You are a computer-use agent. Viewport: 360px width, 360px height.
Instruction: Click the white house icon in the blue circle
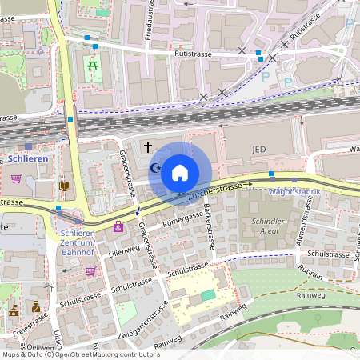tap(180, 172)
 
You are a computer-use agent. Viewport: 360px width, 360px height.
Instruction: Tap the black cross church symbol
tap(147, 146)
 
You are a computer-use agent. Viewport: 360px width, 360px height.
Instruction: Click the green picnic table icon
tap(94, 65)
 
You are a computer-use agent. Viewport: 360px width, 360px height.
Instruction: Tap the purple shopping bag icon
tap(118, 227)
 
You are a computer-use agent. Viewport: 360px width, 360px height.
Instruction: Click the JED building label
tap(258, 150)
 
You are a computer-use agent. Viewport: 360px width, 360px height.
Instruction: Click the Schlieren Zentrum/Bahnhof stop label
tap(78, 242)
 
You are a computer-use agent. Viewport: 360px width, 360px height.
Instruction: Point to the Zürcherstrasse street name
tap(214, 190)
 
